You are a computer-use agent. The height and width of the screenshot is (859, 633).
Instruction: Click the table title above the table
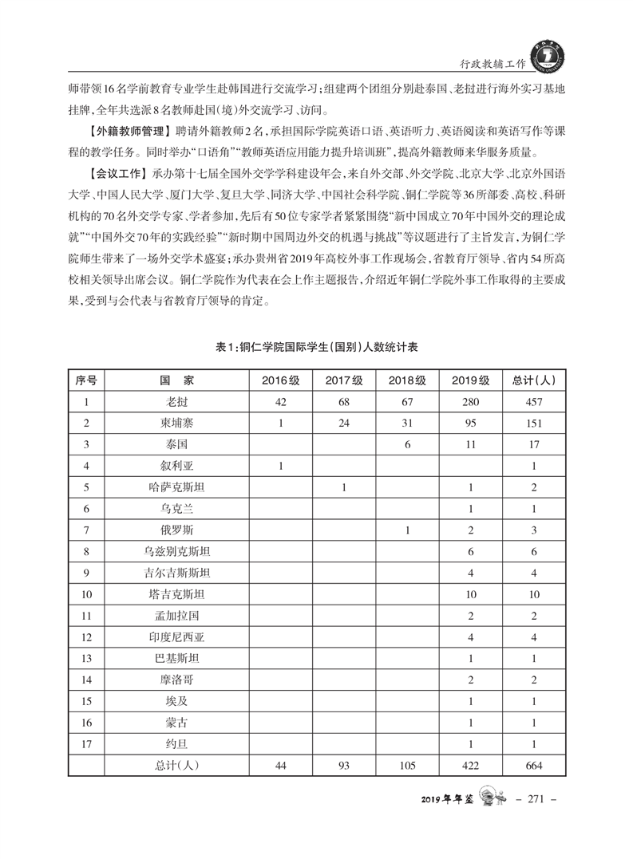[x=317, y=348]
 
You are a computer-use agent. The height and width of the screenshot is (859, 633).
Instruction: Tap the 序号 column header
[x=86, y=380]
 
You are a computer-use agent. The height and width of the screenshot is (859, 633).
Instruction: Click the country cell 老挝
[x=177, y=402]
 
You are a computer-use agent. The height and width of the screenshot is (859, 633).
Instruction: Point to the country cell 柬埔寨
[x=177, y=424]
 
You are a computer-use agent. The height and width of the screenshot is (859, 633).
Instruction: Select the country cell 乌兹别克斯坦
[x=177, y=551]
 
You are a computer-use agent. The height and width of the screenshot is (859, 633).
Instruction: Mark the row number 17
[x=86, y=744]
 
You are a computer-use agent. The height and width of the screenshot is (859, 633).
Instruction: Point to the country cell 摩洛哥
[x=177, y=680]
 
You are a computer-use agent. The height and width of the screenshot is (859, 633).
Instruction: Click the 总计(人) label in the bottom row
[x=177, y=766]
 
